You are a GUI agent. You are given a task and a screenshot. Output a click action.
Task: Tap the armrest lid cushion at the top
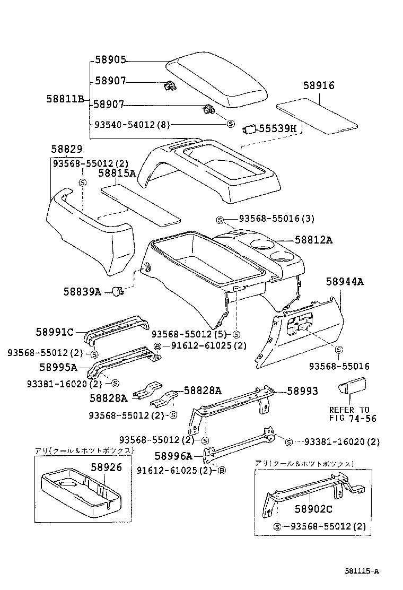click(x=217, y=81)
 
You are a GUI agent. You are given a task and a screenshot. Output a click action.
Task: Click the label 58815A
click(x=117, y=173)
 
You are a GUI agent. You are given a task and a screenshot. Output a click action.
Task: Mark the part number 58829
click(x=67, y=151)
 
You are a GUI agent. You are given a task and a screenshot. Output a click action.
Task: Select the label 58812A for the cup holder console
click(x=313, y=240)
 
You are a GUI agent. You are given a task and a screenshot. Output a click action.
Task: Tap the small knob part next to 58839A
click(x=117, y=291)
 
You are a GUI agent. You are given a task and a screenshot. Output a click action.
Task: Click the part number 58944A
click(x=345, y=282)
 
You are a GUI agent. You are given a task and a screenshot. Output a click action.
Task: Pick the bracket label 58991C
click(x=55, y=332)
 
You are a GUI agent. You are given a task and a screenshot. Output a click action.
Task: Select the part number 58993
click(x=303, y=391)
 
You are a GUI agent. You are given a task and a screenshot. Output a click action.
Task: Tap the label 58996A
click(x=173, y=456)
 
